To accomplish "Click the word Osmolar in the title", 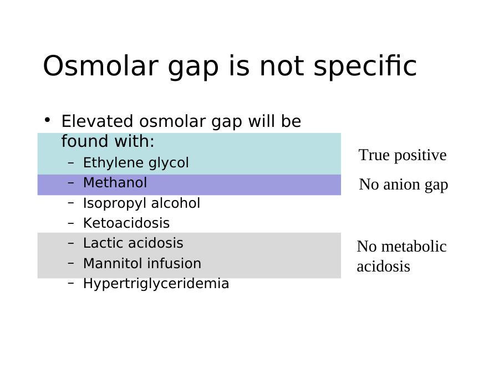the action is point(100,66).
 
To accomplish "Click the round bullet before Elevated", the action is point(48,120).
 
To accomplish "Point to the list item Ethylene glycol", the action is point(136,163).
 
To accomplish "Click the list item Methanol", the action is point(115,183).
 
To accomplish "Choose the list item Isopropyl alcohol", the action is point(141,203).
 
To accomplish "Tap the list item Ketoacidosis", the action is point(126,223).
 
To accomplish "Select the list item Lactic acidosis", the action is point(133,243).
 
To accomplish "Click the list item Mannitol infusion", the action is point(142,263).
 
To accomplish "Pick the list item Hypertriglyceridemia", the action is point(156,284).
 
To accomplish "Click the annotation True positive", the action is point(403,156).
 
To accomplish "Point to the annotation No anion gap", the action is point(404,185).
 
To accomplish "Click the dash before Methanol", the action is point(71,183).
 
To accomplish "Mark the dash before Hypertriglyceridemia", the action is point(71,283).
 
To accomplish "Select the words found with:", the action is point(108,141).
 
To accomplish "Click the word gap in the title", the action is point(193,68).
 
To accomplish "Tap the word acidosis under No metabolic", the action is point(383,267).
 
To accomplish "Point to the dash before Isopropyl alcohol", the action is point(71,203).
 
